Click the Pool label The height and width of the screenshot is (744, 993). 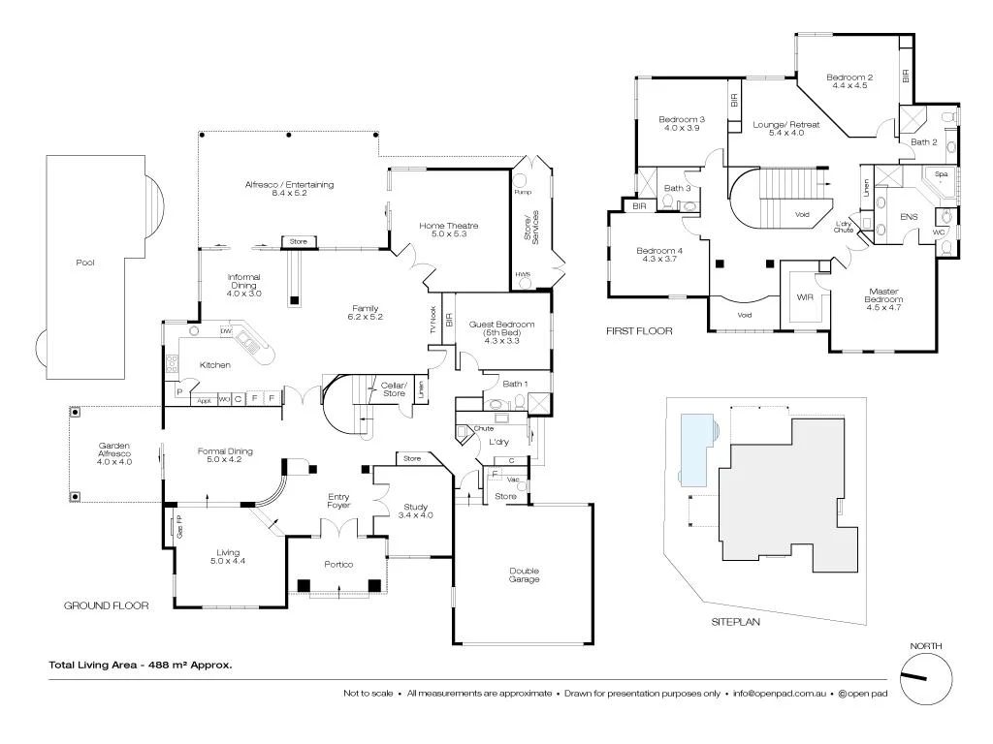pyautogui.click(x=83, y=263)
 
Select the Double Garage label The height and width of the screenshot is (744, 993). pyautogui.click(x=524, y=574)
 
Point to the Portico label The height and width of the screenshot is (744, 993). pyautogui.click(x=338, y=564)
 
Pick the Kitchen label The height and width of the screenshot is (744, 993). pyautogui.click(x=214, y=365)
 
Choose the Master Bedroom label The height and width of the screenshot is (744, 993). pyautogui.click(x=883, y=295)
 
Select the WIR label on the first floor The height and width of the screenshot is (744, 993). pyautogui.click(x=803, y=298)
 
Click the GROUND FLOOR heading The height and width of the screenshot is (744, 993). pyautogui.click(x=106, y=605)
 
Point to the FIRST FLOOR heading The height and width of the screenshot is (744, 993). pyautogui.click(x=639, y=331)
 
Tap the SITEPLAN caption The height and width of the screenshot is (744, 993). pyautogui.click(x=735, y=621)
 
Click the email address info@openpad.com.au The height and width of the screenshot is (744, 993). pyautogui.click(x=779, y=694)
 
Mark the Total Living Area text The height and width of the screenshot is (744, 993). pyautogui.click(x=141, y=665)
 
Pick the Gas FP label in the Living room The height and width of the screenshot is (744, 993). pyautogui.click(x=180, y=529)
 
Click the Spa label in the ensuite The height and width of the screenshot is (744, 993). pyautogui.click(x=941, y=174)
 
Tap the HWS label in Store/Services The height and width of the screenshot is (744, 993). pyautogui.click(x=523, y=274)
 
